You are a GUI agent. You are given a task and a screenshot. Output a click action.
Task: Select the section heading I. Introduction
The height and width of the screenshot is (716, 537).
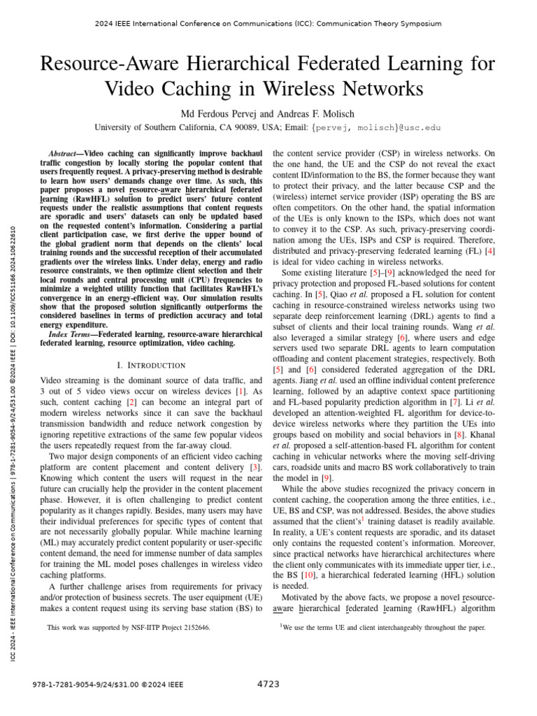(152, 365)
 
